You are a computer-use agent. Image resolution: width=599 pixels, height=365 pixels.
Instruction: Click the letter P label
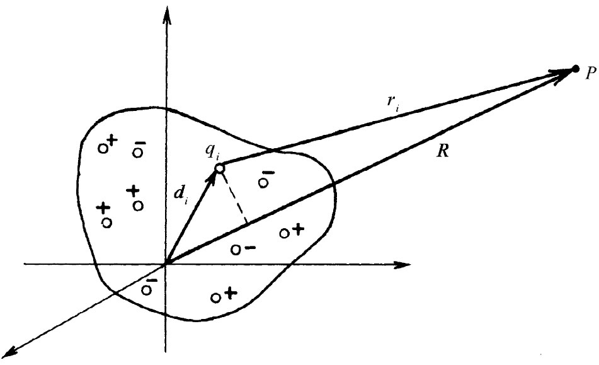click(590, 74)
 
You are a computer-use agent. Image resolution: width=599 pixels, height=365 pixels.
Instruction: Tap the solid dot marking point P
click(575, 68)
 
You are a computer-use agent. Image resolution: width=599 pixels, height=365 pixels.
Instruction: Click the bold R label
click(442, 153)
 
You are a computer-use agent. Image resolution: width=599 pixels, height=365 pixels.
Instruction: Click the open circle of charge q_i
click(219, 168)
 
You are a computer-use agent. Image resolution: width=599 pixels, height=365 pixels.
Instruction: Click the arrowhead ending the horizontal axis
click(403, 264)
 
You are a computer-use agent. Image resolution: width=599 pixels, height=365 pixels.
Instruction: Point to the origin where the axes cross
click(165, 264)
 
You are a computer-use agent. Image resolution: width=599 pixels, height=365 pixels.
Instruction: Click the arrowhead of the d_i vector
click(214, 177)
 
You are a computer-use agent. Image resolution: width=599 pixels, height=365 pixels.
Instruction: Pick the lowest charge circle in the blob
click(215, 296)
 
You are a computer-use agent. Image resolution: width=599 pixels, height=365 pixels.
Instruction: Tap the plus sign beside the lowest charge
click(230, 293)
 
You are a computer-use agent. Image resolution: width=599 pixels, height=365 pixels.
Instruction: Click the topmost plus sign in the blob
click(113, 142)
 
